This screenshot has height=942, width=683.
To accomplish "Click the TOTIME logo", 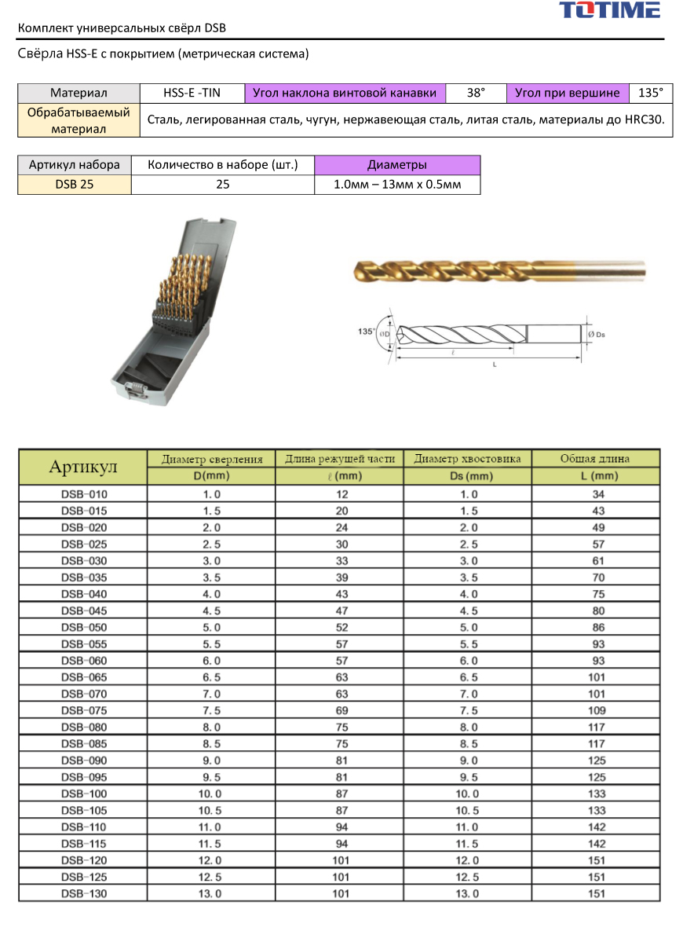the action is (x=610, y=9).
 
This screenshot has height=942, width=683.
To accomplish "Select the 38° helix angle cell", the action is (x=476, y=93).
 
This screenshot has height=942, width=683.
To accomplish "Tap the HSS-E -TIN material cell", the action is (x=192, y=93).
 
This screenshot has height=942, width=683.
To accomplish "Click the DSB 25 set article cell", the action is (x=75, y=185).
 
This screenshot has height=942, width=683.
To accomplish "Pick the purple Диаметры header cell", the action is (x=397, y=165).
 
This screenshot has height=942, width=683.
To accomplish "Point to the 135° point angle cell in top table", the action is (x=651, y=93).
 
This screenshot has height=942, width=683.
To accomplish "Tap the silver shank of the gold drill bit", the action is (x=611, y=270).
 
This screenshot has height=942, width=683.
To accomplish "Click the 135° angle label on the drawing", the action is (x=366, y=331).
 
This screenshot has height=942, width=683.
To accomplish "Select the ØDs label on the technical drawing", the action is (x=597, y=334).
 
